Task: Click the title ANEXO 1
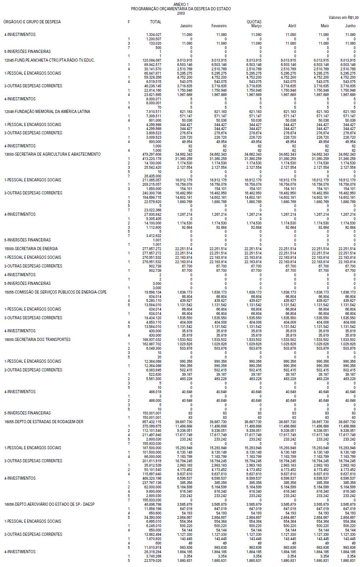point(181,4)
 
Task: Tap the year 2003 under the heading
point(181,13)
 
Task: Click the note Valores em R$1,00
point(343,17)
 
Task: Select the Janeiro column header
point(186,26)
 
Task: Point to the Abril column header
point(292,26)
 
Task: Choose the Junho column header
point(350,26)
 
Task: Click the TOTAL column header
point(156,22)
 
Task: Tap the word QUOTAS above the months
point(253,22)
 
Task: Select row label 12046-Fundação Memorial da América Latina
point(47,112)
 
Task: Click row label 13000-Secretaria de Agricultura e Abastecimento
point(53,154)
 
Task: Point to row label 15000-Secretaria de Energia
point(31,249)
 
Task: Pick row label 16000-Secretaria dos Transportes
point(38,339)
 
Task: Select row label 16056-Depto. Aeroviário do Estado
point(49,505)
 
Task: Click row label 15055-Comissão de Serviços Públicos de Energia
point(55,292)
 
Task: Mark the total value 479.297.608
point(152,154)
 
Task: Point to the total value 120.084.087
point(152,60)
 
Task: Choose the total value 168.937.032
point(152,339)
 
